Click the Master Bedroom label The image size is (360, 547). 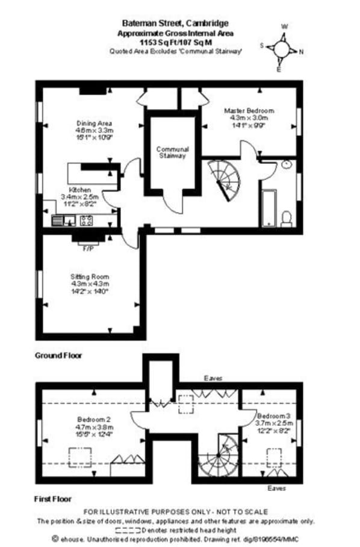[249, 111]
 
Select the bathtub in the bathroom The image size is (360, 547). [268, 208]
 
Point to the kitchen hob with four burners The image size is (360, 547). [85, 220]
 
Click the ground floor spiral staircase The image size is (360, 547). [225, 179]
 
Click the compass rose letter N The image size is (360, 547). [302, 51]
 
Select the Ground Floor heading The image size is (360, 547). [58, 356]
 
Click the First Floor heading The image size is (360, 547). [54, 499]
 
